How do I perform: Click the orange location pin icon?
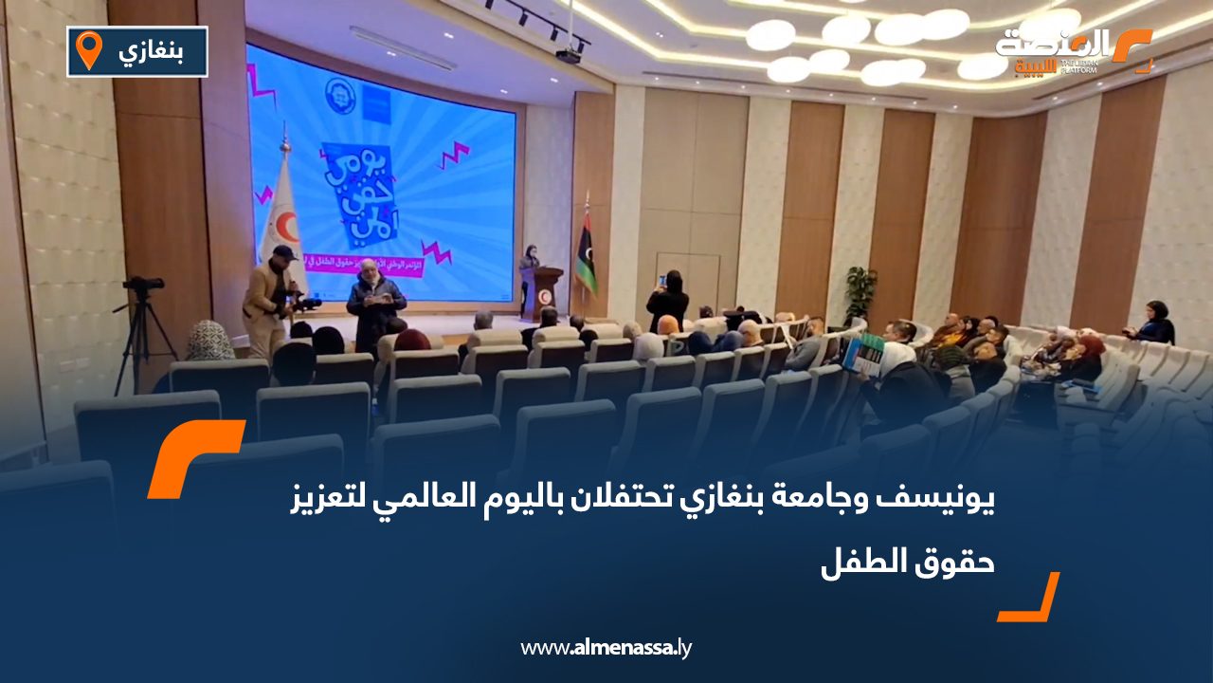point(88,49)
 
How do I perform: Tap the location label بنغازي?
point(153,51)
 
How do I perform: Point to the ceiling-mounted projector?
point(568,54)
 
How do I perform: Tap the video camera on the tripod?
point(144,284)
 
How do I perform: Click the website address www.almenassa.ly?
point(606,648)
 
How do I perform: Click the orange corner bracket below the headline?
point(1030,599)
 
